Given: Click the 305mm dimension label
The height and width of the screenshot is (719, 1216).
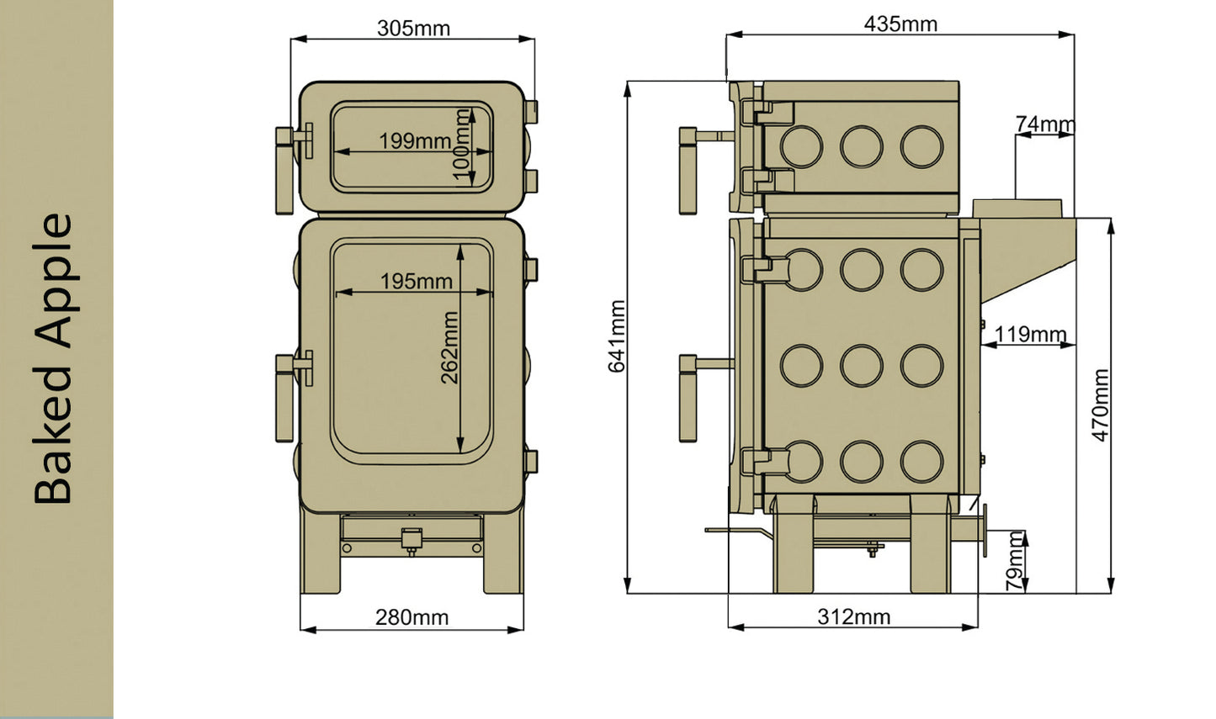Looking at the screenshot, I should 413,28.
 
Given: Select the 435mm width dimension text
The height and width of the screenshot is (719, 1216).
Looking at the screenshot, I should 900,24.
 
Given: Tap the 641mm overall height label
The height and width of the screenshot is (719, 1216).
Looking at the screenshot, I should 617,336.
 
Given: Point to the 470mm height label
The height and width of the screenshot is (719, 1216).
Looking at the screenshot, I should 1101,404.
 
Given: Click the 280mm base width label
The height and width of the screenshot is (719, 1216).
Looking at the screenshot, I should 412,617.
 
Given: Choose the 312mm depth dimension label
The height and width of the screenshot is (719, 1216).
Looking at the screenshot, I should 853,616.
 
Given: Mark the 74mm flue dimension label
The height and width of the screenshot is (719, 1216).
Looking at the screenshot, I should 1044,124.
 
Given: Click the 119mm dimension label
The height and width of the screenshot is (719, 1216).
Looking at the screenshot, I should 1030,334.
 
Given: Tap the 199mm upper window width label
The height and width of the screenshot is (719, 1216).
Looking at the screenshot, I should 414,140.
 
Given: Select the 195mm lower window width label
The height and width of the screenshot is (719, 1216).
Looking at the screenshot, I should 416,281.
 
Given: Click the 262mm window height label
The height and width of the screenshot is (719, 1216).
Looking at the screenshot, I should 450,347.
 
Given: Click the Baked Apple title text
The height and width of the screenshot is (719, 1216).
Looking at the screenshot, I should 54,359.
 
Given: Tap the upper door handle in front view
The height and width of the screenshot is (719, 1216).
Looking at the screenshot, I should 284,169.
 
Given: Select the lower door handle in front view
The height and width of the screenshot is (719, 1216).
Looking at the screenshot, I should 284,396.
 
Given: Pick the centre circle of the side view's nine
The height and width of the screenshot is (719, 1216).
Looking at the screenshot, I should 861,366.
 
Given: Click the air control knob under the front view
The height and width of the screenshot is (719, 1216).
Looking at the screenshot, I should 412,539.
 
